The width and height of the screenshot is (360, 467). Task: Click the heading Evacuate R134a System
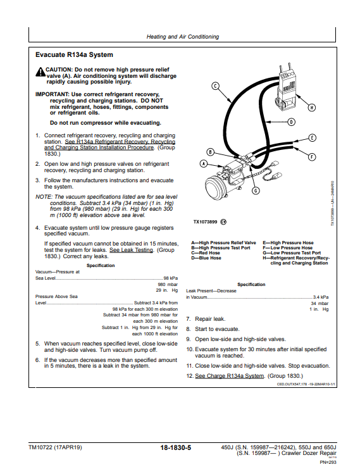click(x=74, y=55)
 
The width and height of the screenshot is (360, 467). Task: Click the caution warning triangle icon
click(x=40, y=72)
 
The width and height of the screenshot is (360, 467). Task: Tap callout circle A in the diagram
click(x=203, y=163)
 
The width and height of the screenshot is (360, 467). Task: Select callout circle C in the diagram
click(x=215, y=86)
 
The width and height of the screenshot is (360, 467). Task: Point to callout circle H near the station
click(x=311, y=107)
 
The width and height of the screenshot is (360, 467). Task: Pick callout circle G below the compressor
click(x=256, y=190)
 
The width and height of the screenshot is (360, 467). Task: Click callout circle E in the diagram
click(x=312, y=138)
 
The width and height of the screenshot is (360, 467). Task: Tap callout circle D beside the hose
click(x=291, y=122)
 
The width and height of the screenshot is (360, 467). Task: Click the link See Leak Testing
click(x=132, y=250)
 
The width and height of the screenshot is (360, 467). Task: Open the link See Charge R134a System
click(x=229, y=376)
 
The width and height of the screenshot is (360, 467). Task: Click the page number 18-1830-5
click(x=176, y=447)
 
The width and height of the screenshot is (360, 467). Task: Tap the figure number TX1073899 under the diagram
click(x=206, y=222)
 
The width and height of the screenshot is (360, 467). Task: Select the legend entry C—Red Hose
click(x=206, y=253)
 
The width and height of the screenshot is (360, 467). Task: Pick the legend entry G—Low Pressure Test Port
click(x=292, y=253)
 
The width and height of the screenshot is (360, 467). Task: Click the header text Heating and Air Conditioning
click(x=183, y=37)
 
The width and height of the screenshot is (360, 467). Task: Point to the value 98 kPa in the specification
click(x=171, y=278)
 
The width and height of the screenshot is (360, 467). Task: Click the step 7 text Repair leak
click(x=210, y=319)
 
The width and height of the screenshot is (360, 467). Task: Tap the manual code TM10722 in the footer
click(x=40, y=447)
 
